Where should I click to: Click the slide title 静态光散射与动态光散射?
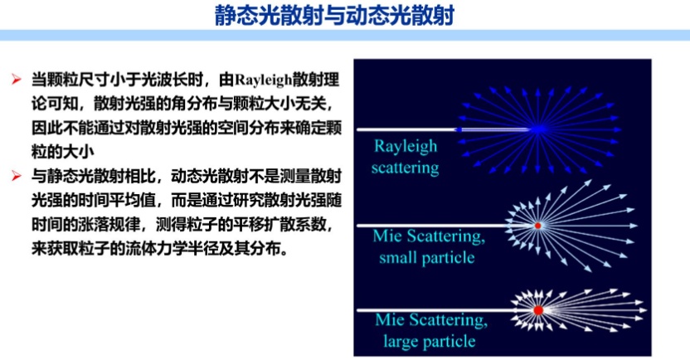334,16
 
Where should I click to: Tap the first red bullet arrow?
17,80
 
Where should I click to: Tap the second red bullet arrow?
17,177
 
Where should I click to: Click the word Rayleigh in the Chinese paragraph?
263,80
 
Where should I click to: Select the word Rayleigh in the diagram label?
406,146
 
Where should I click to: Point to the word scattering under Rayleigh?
405,168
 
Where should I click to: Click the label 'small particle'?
427,257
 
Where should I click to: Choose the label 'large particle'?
430,341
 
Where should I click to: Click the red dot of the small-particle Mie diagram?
537,226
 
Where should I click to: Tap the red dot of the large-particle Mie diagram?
538,310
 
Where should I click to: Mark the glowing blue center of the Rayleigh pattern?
537,129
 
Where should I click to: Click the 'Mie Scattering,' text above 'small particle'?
429,236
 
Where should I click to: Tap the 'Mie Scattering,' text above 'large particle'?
431,320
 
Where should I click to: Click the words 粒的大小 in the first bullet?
63,153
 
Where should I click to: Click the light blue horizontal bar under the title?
345,35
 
